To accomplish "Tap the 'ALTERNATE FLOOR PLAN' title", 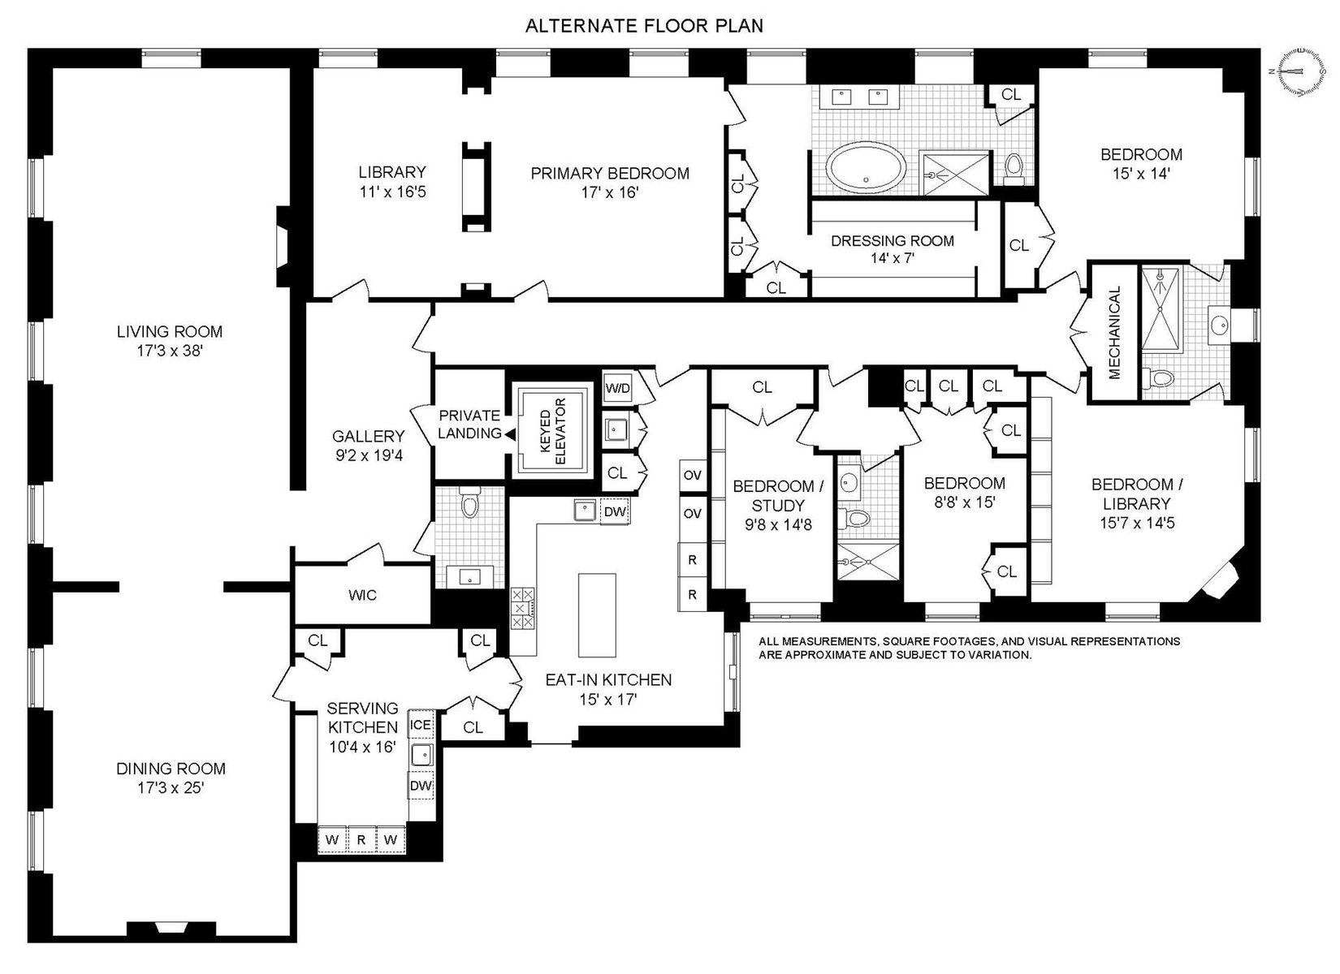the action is [644, 26].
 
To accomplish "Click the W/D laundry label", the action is [617, 389].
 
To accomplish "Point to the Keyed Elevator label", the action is [553, 431].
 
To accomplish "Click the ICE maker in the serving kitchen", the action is [420, 726].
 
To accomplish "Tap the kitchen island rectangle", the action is [596, 615].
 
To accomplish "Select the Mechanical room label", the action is [1114, 333].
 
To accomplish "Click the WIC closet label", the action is [362, 596].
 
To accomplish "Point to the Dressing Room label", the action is [893, 249].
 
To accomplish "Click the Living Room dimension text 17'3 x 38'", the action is [170, 351].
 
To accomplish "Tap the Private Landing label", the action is [469, 424].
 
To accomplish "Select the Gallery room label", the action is [369, 446].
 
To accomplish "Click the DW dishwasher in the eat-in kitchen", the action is [615, 512].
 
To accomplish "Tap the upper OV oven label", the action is [692, 476].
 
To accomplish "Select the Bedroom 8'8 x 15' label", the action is [964, 493].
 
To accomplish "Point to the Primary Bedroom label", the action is [610, 183].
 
